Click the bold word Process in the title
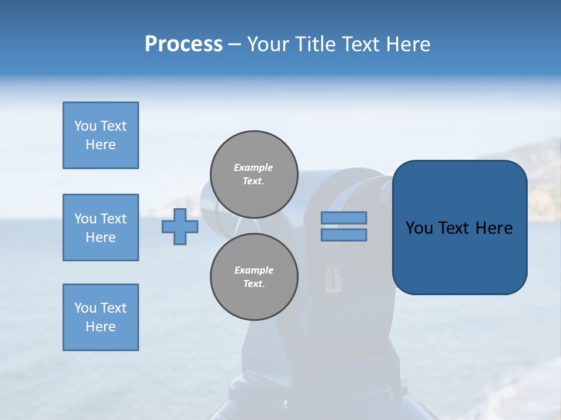coord(183,44)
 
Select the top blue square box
coord(101,135)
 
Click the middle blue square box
coord(101,228)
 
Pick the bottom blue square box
coord(101,317)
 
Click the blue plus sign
coord(180,226)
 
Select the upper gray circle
coord(254,174)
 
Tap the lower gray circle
coord(254,277)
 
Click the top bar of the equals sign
coord(344,218)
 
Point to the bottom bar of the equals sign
coord(344,235)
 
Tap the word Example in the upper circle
coord(253,167)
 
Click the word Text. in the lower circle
coord(254,284)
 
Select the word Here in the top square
coord(101,145)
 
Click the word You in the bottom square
coord(85,308)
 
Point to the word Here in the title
coord(407,44)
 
